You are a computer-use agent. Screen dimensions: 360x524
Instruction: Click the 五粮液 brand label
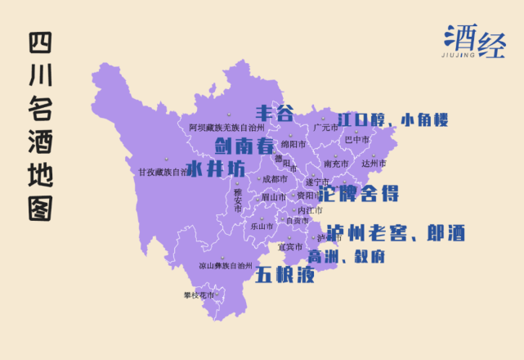coord(284,274)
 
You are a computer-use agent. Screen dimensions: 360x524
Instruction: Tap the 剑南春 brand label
coord(244,146)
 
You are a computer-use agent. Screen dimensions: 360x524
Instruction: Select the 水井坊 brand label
coord(216,169)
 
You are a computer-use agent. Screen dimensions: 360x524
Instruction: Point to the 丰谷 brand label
coord(274,113)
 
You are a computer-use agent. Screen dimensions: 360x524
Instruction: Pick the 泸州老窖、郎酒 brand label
coord(396,233)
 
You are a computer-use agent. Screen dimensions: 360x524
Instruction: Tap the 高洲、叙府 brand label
coord(346,257)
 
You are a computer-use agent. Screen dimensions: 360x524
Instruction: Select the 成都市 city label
coord(273,178)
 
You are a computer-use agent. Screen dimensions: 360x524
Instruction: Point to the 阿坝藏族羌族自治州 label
coord(226,128)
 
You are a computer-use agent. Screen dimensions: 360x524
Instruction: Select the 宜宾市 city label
coord(289,247)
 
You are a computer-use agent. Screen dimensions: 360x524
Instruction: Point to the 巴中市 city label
coord(356,140)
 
